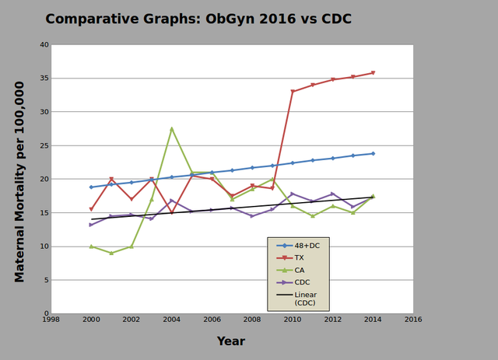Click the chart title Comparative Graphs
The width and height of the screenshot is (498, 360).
click(x=198, y=19)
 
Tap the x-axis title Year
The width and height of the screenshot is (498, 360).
click(x=230, y=341)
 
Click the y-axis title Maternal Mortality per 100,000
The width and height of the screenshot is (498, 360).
click(x=20, y=180)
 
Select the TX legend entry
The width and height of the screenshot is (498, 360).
click(x=300, y=257)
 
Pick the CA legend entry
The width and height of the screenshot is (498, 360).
click(x=300, y=269)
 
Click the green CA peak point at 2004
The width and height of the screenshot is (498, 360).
click(x=171, y=128)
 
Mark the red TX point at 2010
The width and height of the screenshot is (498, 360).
click(x=293, y=92)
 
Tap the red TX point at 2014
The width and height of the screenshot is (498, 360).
click(x=373, y=73)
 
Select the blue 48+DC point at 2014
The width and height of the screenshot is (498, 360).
click(x=373, y=154)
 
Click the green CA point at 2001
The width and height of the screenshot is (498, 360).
click(x=111, y=253)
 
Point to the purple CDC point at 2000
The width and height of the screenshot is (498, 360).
click(x=91, y=225)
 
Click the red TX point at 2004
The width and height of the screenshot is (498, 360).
click(x=171, y=212)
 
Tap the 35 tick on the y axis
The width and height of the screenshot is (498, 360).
click(x=44, y=79)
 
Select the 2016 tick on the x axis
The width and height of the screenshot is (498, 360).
click(x=412, y=320)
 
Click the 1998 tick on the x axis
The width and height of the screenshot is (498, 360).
click(x=51, y=320)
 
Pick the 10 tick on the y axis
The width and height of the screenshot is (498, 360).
click(x=44, y=246)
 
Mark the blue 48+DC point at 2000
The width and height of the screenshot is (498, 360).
click(x=91, y=187)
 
